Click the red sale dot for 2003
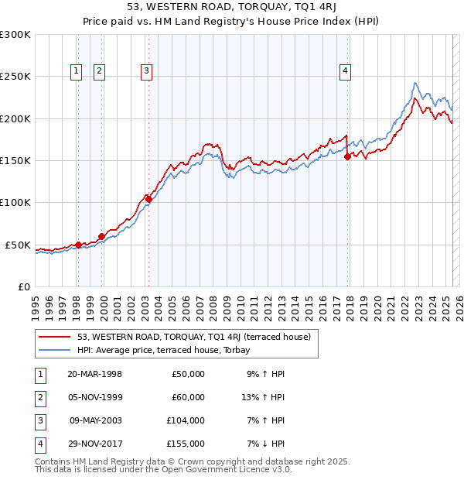tap(148, 199)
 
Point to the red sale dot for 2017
tap(348, 156)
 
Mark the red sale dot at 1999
tap(101, 236)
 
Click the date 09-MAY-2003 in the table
tap(94, 420)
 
